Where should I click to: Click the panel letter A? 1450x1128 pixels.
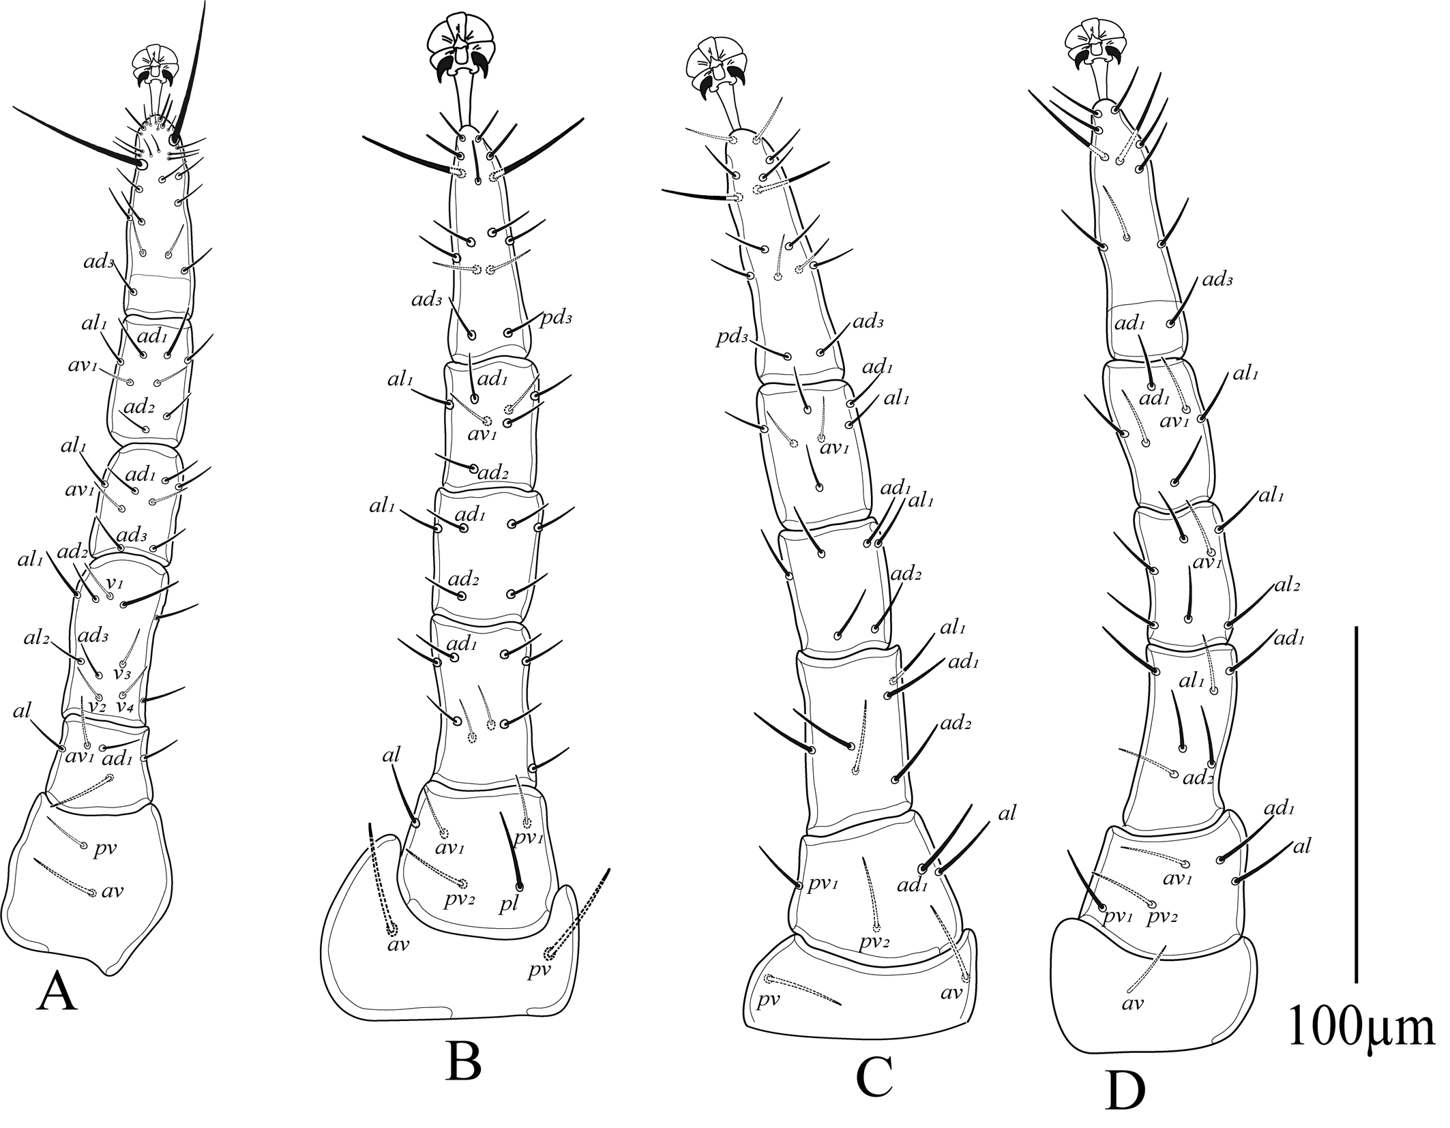click(x=57, y=995)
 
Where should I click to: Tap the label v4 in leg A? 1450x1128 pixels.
click(x=124, y=707)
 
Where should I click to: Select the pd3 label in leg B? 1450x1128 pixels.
click(x=557, y=318)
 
